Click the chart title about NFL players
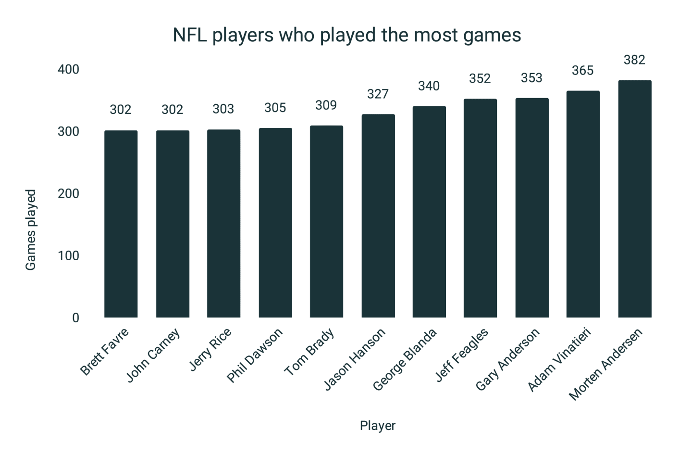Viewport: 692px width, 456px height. click(x=346, y=35)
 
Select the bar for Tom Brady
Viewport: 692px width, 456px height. click(x=326, y=221)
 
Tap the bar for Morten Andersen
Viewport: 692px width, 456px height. click(x=634, y=199)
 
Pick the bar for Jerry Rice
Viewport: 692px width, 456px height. click(x=223, y=224)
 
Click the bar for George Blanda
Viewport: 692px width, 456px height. click(x=429, y=212)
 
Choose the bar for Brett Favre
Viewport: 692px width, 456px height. click(x=121, y=224)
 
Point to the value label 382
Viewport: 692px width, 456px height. click(x=634, y=60)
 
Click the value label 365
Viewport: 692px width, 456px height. click(x=582, y=71)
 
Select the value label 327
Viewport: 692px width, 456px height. click(x=378, y=94)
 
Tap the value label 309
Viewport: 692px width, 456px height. click(x=326, y=105)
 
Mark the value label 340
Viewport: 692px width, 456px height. click(x=429, y=86)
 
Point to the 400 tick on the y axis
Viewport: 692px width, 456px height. click(x=68, y=69)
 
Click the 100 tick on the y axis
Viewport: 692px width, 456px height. click(x=68, y=255)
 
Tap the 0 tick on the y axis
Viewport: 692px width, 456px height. click(x=75, y=317)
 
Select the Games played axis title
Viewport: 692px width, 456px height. click(x=30, y=230)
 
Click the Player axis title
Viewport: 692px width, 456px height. click(x=377, y=426)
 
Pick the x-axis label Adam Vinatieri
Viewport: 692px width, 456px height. click(x=559, y=359)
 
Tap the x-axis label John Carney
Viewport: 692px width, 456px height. click(x=153, y=355)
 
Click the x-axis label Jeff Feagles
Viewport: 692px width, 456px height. click(x=461, y=355)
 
